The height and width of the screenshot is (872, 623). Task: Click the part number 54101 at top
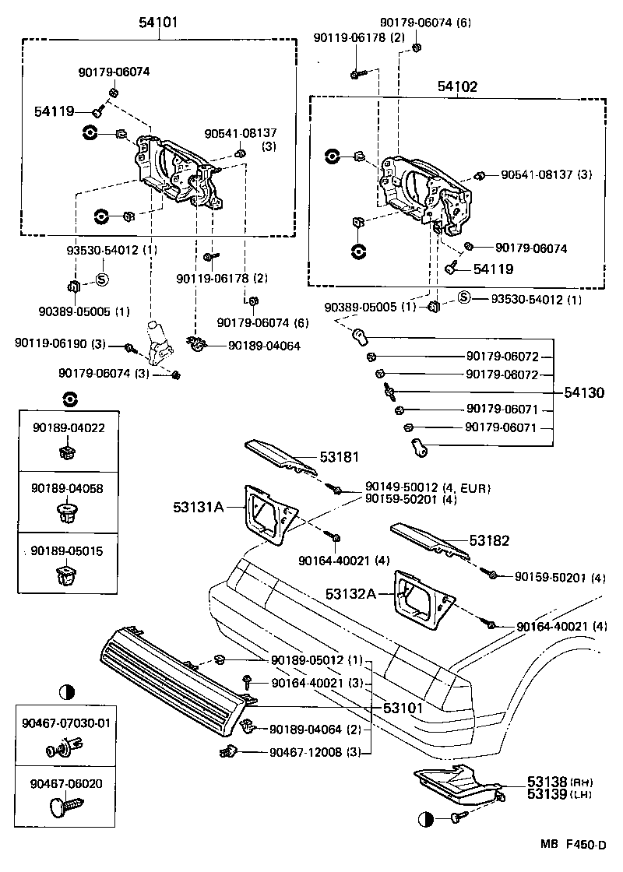pos(159,23)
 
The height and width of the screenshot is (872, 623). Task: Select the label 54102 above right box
pos(457,86)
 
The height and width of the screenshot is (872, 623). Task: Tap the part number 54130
pos(583,393)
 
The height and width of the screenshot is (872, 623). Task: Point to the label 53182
pos(489,540)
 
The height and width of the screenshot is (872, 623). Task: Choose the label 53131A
pos(199,508)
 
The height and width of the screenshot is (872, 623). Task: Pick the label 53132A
pos(351,594)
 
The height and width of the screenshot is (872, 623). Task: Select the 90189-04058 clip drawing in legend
pos(68,512)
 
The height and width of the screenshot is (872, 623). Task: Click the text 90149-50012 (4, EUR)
pos(424,488)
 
